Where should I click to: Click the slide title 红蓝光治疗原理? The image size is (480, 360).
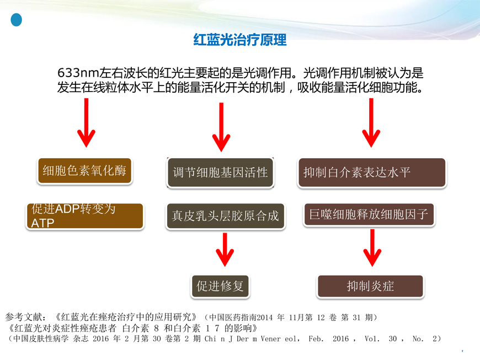[240, 40]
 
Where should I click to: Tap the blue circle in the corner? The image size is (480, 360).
[16, 20]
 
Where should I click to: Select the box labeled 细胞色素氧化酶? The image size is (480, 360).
[84, 171]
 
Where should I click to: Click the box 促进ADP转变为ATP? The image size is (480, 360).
[85, 216]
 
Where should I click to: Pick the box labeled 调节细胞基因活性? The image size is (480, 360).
[220, 173]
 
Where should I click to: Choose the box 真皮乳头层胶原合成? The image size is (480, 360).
[225, 216]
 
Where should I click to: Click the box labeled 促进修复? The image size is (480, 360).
[220, 286]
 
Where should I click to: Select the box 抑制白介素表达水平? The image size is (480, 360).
[372, 173]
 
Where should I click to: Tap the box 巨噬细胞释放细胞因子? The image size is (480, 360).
[369, 214]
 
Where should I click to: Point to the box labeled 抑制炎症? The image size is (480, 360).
[370, 286]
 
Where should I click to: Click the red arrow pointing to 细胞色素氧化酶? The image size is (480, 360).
[86, 122]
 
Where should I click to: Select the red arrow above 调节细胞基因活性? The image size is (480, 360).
[221, 127]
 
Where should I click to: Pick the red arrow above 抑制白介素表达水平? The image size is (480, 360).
[371, 122]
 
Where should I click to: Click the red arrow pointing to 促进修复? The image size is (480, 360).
[225, 250]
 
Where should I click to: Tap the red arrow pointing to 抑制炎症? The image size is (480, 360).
[372, 248]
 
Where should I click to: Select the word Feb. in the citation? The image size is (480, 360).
[316, 339]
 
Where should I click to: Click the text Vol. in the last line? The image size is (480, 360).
[372, 339]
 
